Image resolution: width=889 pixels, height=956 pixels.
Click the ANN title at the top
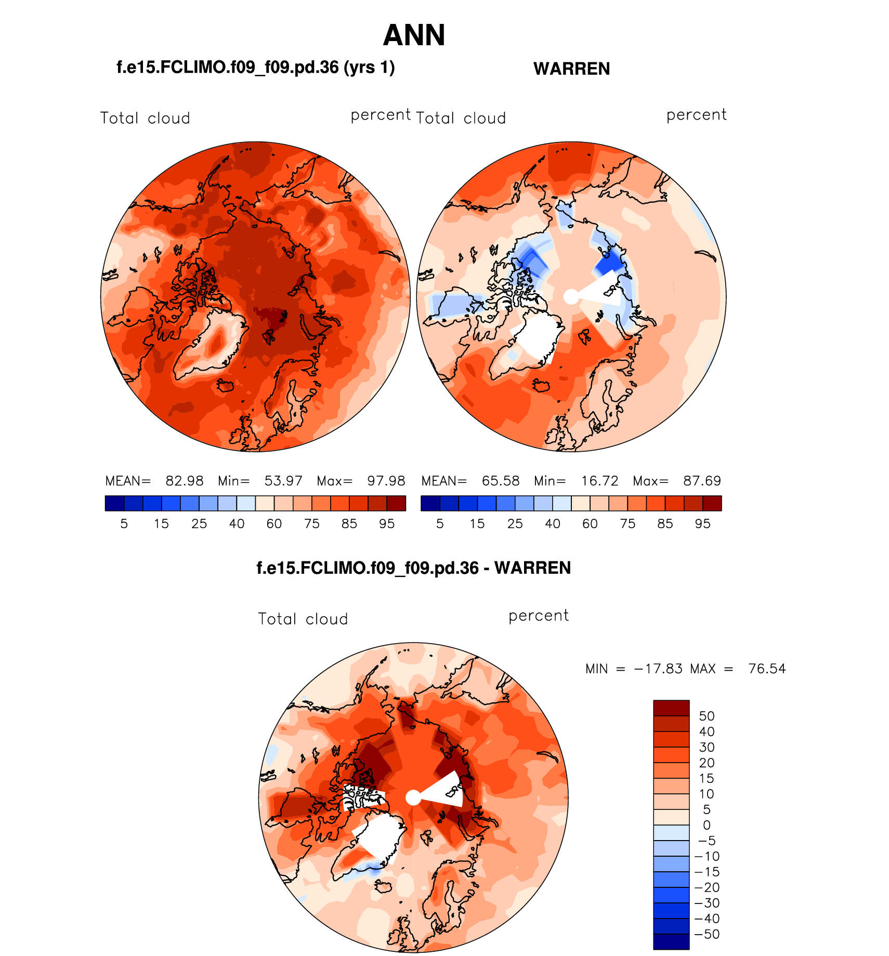(414, 35)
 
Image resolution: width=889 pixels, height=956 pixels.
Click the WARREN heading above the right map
(571, 69)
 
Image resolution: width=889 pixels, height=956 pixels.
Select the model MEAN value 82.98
(184, 481)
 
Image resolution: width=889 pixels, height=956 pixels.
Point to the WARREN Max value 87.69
(702, 481)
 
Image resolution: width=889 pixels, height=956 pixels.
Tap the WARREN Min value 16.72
(599, 481)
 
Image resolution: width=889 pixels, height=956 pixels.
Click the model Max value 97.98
(386, 481)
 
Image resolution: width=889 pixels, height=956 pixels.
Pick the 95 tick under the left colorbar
(387, 524)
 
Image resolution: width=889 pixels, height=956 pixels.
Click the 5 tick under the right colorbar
(440, 524)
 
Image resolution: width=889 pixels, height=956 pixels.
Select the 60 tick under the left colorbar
(274, 524)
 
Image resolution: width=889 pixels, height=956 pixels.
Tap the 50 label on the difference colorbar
(707, 716)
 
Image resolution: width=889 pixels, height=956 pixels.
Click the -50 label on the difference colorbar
(707, 934)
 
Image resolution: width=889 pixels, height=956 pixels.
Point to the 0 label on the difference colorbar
(707, 825)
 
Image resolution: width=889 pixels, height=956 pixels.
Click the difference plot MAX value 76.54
(767, 669)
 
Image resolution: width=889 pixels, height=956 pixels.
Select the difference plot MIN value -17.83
(658, 669)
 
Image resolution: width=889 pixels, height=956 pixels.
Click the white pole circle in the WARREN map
(571, 297)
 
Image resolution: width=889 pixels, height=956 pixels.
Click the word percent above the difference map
(539, 615)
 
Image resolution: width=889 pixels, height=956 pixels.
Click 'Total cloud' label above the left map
(145, 119)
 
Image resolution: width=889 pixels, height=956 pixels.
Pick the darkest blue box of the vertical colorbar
(671, 941)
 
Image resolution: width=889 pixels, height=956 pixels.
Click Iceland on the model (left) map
(226, 386)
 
